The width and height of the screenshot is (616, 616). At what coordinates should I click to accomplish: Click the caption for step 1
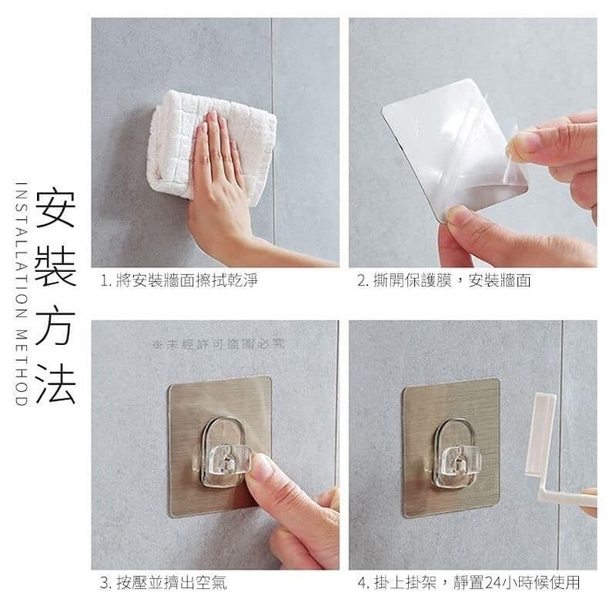[x=179, y=281]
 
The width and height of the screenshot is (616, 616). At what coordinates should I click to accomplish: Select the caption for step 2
[x=444, y=281]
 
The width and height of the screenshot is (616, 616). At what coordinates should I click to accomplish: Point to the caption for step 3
[x=163, y=582]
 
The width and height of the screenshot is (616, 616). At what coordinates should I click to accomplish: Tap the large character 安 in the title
[x=55, y=209]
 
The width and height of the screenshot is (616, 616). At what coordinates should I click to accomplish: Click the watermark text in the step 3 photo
[x=218, y=345]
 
